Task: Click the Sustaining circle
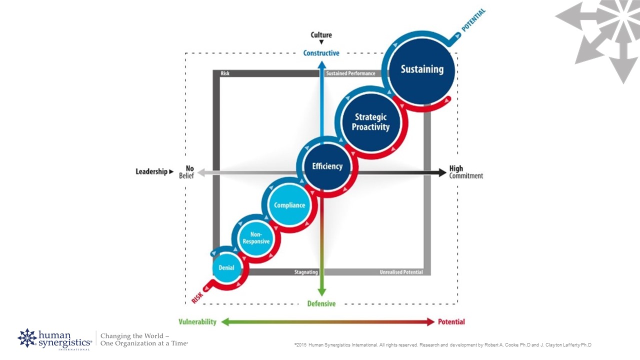click(x=422, y=70)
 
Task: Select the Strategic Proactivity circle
click(x=370, y=122)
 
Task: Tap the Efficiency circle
click(x=327, y=167)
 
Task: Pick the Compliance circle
click(x=289, y=205)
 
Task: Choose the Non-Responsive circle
click(x=256, y=238)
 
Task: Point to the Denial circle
click(x=226, y=268)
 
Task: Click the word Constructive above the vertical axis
click(x=321, y=53)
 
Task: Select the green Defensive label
click(x=321, y=303)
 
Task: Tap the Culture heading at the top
click(x=321, y=35)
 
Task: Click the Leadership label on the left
click(x=151, y=171)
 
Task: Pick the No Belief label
click(x=186, y=172)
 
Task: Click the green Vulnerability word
click(x=197, y=322)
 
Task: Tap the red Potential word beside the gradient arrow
click(x=451, y=322)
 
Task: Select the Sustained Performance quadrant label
click(x=350, y=73)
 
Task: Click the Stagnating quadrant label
click(x=306, y=272)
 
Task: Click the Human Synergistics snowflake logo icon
click(x=27, y=338)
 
